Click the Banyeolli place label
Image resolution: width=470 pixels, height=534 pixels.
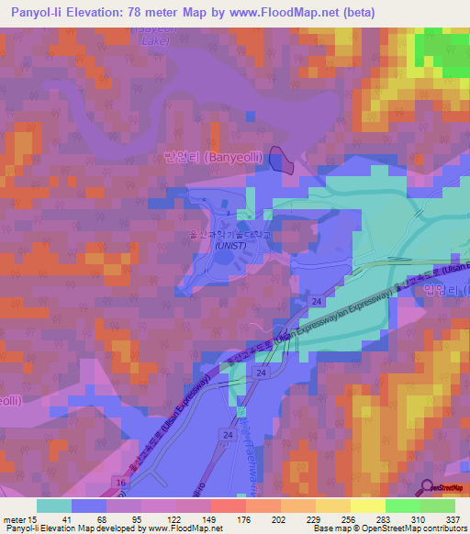click(228, 157)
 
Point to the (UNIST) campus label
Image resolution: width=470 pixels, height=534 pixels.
click(229, 245)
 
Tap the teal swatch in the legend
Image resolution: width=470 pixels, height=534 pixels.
click(54, 506)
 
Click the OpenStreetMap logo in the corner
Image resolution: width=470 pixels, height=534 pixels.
click(428, 487)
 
